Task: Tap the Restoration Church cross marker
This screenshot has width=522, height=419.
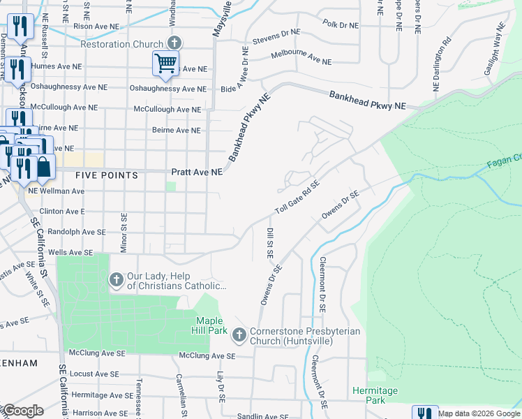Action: click(x=174, y=43)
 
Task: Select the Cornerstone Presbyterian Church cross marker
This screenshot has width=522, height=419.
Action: click(x=239, y=336)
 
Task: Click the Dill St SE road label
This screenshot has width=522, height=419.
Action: click(x=269, y=242)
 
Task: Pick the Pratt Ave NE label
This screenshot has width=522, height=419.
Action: click(x=196, y=172)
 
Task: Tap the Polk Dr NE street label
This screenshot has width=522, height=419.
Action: click(x=341, y=24)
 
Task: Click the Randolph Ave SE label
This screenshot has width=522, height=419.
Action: click(x=77, y=232)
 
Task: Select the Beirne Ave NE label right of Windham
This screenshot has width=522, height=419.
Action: click(x=177, y=130)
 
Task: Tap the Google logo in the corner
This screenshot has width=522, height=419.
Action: click(x=23, y=411)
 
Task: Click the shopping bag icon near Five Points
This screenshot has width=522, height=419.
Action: click(x=43, y=167)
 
